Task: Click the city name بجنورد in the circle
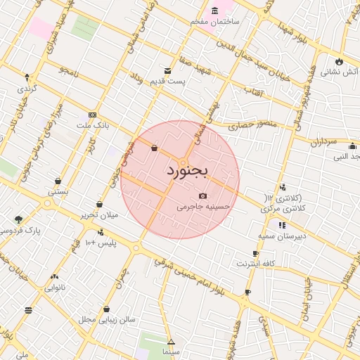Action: (x=188, y=171)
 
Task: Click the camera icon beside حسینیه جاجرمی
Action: (x=203, y=195)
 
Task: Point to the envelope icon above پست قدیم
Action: (x=167, y=71)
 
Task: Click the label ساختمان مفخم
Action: (x=214, y=22)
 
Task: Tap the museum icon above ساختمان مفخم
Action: (x=214, y=11)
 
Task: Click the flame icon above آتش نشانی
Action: (x=340, y=60)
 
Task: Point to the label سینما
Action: (x=171, y=350)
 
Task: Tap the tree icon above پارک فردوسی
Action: (x=18, y=219)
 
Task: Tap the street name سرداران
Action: (x=324, y=142)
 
